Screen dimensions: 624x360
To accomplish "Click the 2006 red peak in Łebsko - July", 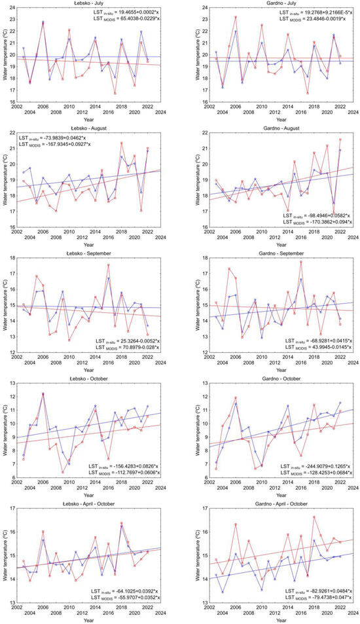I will pos(43,23).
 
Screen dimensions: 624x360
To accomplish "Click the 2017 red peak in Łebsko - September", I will pos(108,265).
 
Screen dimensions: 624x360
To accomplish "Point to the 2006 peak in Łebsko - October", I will pos(43,394).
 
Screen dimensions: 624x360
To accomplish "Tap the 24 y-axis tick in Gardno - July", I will pos(203,7).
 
